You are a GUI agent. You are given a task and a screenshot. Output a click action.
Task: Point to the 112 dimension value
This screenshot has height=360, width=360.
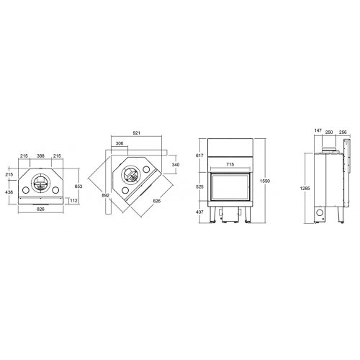[x=74, y=201]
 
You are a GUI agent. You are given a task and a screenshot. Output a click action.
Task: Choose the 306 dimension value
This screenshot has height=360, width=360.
[x=119, y=144]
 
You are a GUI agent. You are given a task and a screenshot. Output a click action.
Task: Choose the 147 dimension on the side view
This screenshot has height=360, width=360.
[x=318, y=132]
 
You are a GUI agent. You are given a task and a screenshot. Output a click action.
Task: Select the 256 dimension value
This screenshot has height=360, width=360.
[x=343, y=132]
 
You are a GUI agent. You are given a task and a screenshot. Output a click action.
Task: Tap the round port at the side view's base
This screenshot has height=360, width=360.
[x=320, y=215]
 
